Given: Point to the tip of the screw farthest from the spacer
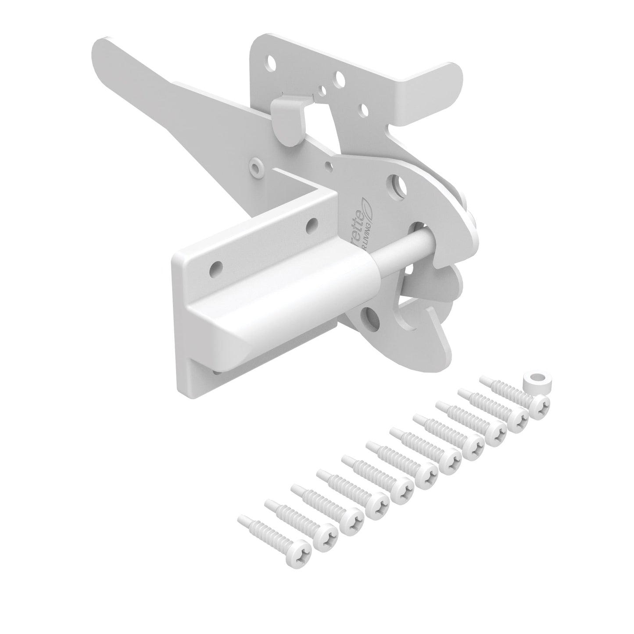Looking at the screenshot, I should [x=241, y=519].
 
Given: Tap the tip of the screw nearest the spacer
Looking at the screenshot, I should [x=483, y=379].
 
